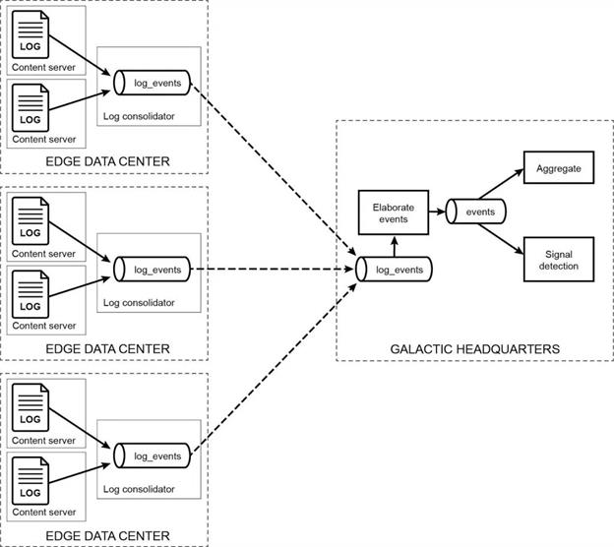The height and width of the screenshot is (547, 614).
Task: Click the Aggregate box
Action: pos(559,169)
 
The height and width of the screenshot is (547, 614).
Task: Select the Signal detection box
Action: pos(559,260)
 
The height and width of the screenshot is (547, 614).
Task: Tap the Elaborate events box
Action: pos(390,214)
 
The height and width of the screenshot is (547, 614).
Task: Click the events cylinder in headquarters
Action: pos(476,212)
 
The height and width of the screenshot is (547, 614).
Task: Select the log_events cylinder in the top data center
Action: pos(152,83)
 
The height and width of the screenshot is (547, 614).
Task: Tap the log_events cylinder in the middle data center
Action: pos(152,269)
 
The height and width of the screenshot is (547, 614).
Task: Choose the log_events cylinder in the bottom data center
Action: pos(152,456)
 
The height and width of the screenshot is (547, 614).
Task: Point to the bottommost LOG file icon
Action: pos(31,485)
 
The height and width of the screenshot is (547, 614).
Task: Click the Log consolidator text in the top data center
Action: pos(139,116)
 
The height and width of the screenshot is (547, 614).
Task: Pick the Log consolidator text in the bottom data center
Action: pos(139,489)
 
